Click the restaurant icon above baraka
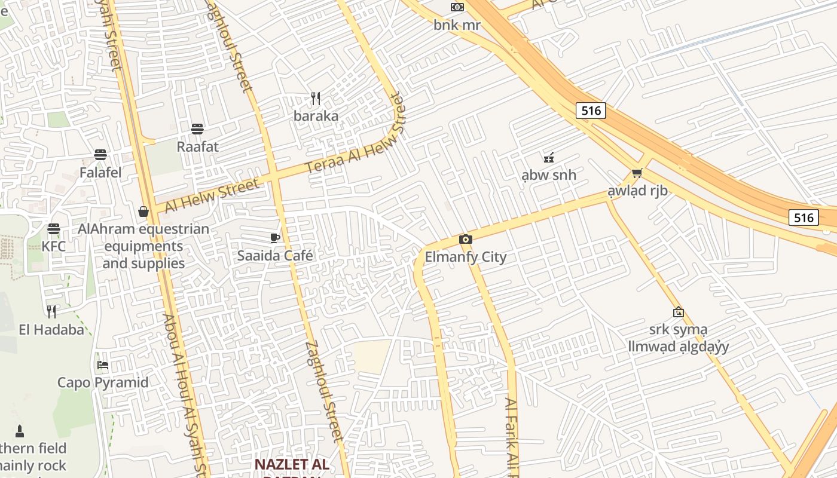[x=316, y=99]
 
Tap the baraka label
[x=316, y=116]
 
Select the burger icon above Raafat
[x=197, y=129]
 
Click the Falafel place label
[x=100, y=173]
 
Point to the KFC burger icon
[x=54, y=229]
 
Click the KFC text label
[x=54, y=246]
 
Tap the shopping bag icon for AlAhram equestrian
[x=143, y=212]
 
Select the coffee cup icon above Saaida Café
[x=275, y=238]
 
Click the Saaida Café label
[x=275, y=256]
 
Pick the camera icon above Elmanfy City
[x=465, y=240]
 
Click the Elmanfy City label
[x=465, y=257]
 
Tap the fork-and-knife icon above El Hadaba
[x=51, y=311]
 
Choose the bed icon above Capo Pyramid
[x=103, y=365]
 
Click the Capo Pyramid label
[x=103, y=382]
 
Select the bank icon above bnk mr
[x=457, y=7]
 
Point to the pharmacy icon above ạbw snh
[x=548, y=158]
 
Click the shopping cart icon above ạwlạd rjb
[x=637, y=173]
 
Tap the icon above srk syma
[x=678, y=312]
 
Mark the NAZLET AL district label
[x=292, y=464]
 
